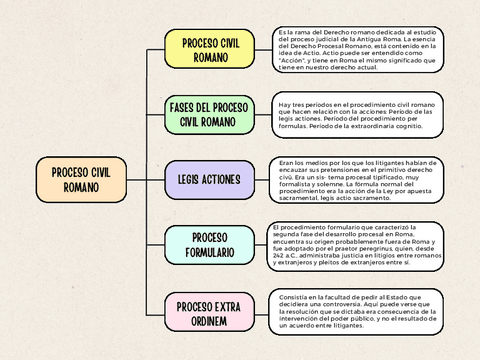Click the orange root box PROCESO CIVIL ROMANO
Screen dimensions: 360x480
click(x=81, y=180)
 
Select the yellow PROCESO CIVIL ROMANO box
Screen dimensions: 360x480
click(x=210, y=50)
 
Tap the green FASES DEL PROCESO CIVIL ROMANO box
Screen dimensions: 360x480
click(x=210, y=114)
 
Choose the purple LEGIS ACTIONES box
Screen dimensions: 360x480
click(x=210, y=180)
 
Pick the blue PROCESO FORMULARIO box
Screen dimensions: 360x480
click(x=210, y=246)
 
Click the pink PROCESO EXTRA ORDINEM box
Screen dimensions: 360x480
click(x=210, y=312)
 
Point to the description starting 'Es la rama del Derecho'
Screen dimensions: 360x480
click(x=357, y=50)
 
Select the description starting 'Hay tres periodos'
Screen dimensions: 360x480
click(x=357, y=114)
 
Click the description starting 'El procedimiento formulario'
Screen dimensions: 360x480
click(x=357, y=245)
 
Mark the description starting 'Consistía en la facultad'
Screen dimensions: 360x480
click(x=357, y=312)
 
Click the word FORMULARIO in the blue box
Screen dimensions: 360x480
click(x=210, y=254)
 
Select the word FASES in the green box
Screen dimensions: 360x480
click(x=185, y=107)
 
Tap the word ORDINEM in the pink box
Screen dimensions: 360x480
click(x=210, y=320)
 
